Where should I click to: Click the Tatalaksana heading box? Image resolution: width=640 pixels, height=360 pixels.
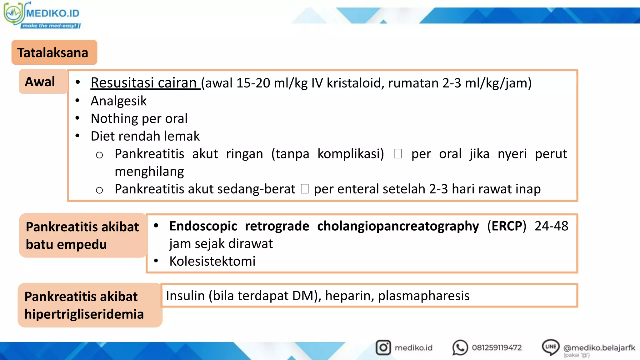(54, 52)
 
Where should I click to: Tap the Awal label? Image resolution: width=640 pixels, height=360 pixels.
(40, 82)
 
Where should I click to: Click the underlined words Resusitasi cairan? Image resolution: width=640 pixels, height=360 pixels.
(145, 83)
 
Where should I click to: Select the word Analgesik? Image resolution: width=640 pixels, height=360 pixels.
(118, 101)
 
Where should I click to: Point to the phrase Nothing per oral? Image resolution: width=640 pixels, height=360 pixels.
(139, 119)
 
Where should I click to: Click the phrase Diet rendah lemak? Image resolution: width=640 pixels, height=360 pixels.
(145, 136)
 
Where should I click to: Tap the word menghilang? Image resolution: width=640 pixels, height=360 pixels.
(149, 172)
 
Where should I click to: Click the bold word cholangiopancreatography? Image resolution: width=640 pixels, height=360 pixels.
(398, 226)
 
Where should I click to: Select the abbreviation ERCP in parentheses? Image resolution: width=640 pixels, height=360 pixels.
(507, 226)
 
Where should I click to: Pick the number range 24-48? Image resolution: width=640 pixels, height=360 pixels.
(551, 226)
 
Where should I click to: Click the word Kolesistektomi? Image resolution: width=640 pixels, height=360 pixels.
(212, 261)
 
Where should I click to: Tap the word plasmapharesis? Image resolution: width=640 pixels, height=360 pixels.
(424, 296)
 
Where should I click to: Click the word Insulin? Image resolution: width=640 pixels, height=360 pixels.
(185, 296)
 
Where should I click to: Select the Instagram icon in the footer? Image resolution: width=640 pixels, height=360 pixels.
(383, 347)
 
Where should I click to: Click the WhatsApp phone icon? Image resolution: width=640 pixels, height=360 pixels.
(460, 347)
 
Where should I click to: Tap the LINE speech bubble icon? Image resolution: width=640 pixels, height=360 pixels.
(551, 347)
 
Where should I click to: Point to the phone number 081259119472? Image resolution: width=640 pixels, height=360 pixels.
(497, 348)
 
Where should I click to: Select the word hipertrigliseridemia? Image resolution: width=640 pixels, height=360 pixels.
(84, 314)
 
